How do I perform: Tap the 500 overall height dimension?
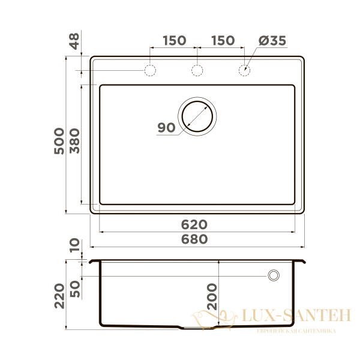click(x=59, y=141)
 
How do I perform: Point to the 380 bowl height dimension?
click(x=74, y=141)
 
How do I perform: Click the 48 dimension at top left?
click(x=74, y=42)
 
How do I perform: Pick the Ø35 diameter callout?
click(x=272, y=41)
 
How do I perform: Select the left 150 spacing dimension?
click(x=173, y=41)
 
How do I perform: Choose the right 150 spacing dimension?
click(x=222, y=41)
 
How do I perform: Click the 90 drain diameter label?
click(x=166, y=127)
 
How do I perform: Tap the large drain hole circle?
click(x=197, y=115)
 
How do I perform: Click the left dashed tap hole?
click(x=150, y=70)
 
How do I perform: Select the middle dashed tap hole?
click(x=197, y=70)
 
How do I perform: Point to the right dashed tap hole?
click(x=244, y=70)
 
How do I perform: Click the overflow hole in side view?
click(x=274, y=275)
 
